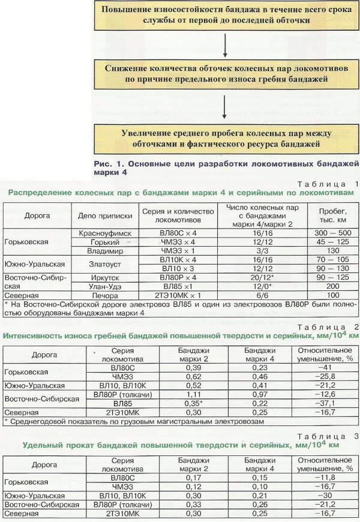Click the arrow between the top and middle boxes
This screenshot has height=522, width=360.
pos(223,44)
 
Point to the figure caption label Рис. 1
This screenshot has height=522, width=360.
pos(108,163)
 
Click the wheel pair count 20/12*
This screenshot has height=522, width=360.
pos(262,278)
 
